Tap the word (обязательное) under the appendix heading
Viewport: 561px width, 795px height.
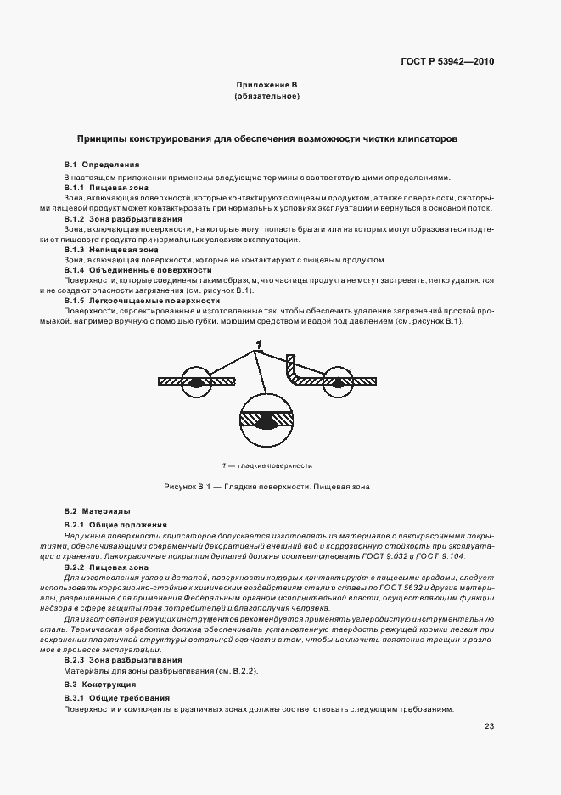pyautogui.click(x=266, y=97)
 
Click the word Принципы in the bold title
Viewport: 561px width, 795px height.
pyautogui.click(x=104, y=137)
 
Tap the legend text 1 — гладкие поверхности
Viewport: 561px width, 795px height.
pyautogui.click(x=266, y=465)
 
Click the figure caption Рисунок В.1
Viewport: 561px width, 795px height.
pyautogui.click(x=266, y=487)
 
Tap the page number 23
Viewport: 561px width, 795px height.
pyautogui.click(x=489, y=726)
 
